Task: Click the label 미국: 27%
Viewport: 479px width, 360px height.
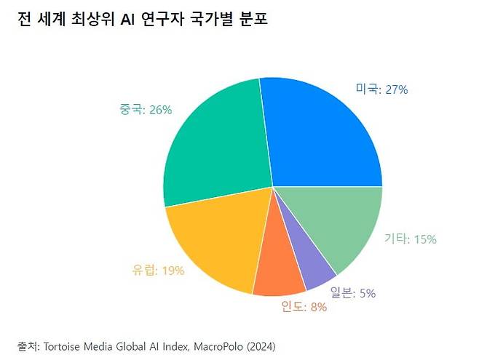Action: (381, 89)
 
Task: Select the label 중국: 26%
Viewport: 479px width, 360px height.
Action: (146, 110)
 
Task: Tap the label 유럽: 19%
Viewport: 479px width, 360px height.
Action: (159, 270)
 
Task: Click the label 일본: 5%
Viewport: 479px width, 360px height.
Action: (352, 293)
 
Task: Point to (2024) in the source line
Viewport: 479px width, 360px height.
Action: (261, 345)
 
